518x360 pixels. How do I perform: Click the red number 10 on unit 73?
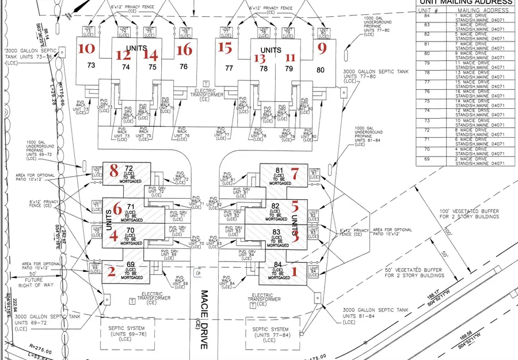pyautogui.click(x=86, y=48)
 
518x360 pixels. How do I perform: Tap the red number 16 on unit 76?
pyautogui.click(x=184, y=50)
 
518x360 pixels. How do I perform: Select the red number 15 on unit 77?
pyautogui.click(x=226, y=48)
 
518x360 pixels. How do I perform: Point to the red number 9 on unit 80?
pyautogui.click(x=322, y=48)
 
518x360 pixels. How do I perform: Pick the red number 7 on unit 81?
pyautogui.click(x=295, y=173)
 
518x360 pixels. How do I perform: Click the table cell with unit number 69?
pyautogui.click(x=427, y=158)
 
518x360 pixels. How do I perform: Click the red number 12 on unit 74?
pyautogui.click(x=123, y=55)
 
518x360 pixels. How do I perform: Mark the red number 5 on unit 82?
pyautogui.click(x=295, y=205)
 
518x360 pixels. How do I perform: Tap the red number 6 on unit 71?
pyautogui.click(x=117, y=209)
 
